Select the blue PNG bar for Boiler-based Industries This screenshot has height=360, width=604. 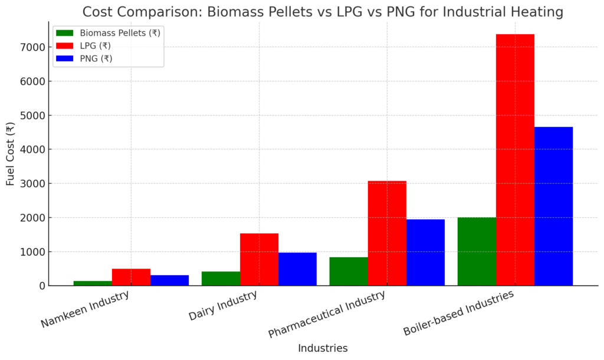click(x=553, y=206)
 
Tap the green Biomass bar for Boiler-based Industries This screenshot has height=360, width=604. click(x=477, y=251)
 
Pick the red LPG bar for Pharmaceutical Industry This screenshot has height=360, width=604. click(x=387, y=233)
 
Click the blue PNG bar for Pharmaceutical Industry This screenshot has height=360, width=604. click(x=425, y=253)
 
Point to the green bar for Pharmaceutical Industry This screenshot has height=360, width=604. click(x=349, y=271)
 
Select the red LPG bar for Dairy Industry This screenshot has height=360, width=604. click(x=259, y=260)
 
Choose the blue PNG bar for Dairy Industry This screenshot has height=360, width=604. click(x=297, y=269)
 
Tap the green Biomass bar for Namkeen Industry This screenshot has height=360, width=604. click(x=93, y=283)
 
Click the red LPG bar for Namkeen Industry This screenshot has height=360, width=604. click(x=131, y=277)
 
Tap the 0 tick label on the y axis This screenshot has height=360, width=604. click(x=42, y=286)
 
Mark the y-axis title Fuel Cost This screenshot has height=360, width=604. click(x=10, y=154)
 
